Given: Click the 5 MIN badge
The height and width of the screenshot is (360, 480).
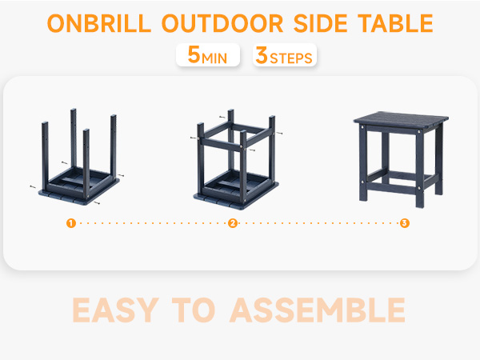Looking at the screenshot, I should pyautogui.click(x=207, y=56).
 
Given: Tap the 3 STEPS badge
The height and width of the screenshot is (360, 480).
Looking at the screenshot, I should pyautogui.click(x=284, y=56).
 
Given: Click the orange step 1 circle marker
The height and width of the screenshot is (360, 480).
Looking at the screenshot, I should pyautogui.click(x=71, y=223).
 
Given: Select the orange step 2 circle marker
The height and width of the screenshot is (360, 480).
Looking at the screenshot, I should pyautogui.click(x=233, y=223).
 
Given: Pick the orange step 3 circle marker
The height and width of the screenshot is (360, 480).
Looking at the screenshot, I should pyautogui.click(x=405, y=223).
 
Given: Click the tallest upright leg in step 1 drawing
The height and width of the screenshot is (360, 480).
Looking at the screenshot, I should pyautogui.click(x=72, y=136).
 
